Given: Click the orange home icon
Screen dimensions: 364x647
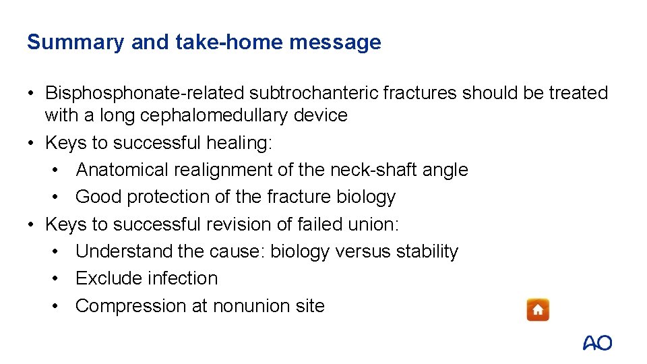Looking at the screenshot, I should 538,309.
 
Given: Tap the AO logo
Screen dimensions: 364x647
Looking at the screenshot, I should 597,342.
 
